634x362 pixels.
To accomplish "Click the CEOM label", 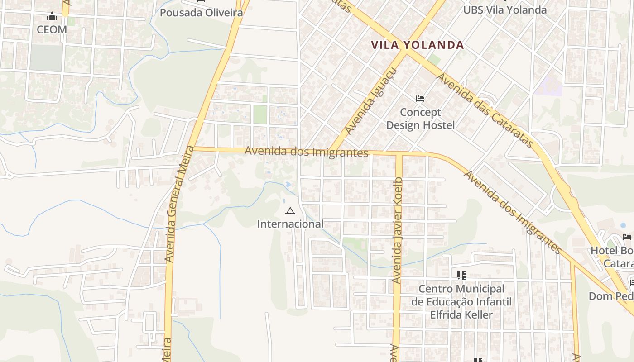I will click(x=52, y=30).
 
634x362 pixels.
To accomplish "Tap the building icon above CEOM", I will click(x=52, y=17).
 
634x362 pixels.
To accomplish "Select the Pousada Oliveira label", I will click(x=201, y=12).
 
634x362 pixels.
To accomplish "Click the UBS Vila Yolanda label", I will click(x=504, y=10).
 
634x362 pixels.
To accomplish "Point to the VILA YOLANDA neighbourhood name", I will click(x=418, y=45).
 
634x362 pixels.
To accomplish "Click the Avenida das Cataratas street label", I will click(x=485, y=110).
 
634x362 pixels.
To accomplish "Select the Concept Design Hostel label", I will click(x=420, y=119).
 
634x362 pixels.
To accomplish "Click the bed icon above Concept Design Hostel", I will click(x=420, y=98).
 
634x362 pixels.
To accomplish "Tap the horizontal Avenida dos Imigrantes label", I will click(x=306, y=152).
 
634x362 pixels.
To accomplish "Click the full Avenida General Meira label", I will click(x=177, y=204).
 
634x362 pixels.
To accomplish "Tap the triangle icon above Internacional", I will click(x=290, y=211).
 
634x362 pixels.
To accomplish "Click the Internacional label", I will click(x=290, y=224).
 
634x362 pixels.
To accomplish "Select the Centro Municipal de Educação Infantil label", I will click(x=461, y=301).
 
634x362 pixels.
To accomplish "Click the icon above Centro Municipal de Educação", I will click(x=461, y=275).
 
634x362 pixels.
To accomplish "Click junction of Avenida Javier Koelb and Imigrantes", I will click(x=399, y=154).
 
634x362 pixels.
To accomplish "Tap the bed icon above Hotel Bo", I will click(x=627, y=237).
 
